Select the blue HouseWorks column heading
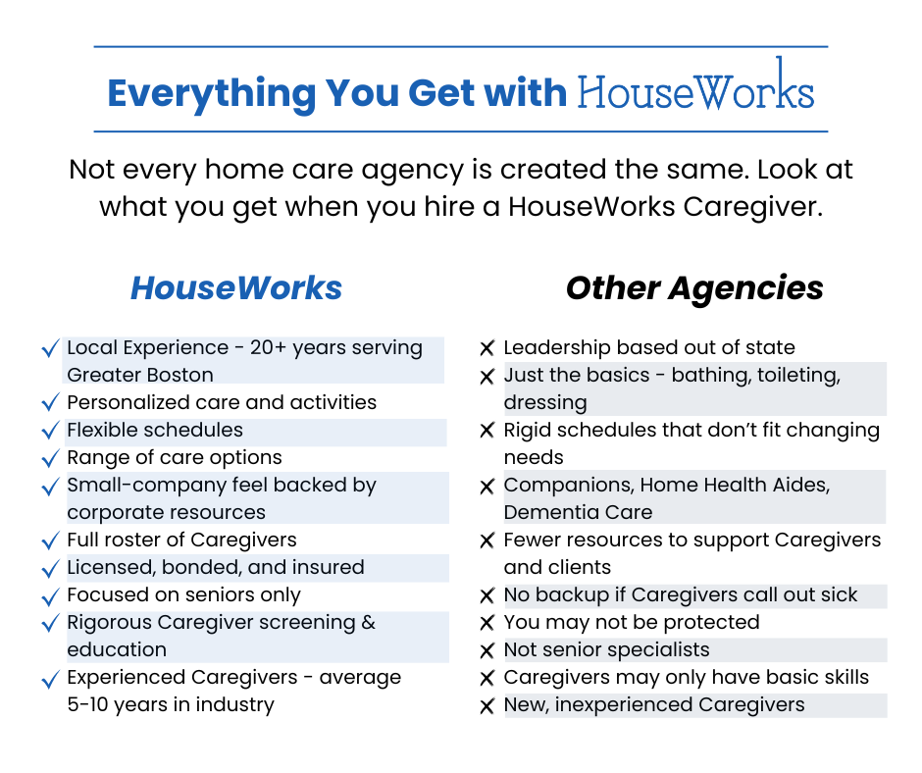point(236,287)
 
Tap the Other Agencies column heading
point(694,287)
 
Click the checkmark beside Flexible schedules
point(50,431)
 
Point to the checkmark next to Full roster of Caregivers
point(50,541)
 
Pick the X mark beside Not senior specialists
point(487,650)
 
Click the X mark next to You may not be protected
point(487,623)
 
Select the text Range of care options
point(174,457)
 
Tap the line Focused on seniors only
point(183,594)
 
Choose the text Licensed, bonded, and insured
point(215,567)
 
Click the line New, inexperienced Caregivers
point(653,704)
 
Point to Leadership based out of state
point(648,347)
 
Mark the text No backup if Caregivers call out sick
point(680,594)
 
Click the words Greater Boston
point(139,375)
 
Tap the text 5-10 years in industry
point(170,704)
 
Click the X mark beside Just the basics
point(487,376)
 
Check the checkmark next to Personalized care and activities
point(50,403)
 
